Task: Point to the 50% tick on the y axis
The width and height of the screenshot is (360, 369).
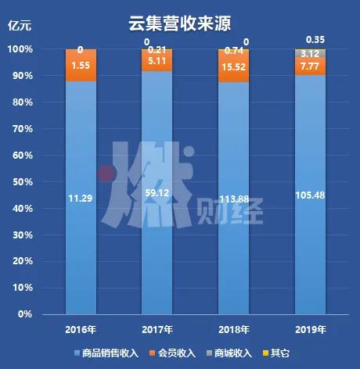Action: [21, 181]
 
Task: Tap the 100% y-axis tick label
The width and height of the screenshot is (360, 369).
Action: [20, 49]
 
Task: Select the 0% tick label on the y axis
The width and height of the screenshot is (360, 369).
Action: [23, 314]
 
